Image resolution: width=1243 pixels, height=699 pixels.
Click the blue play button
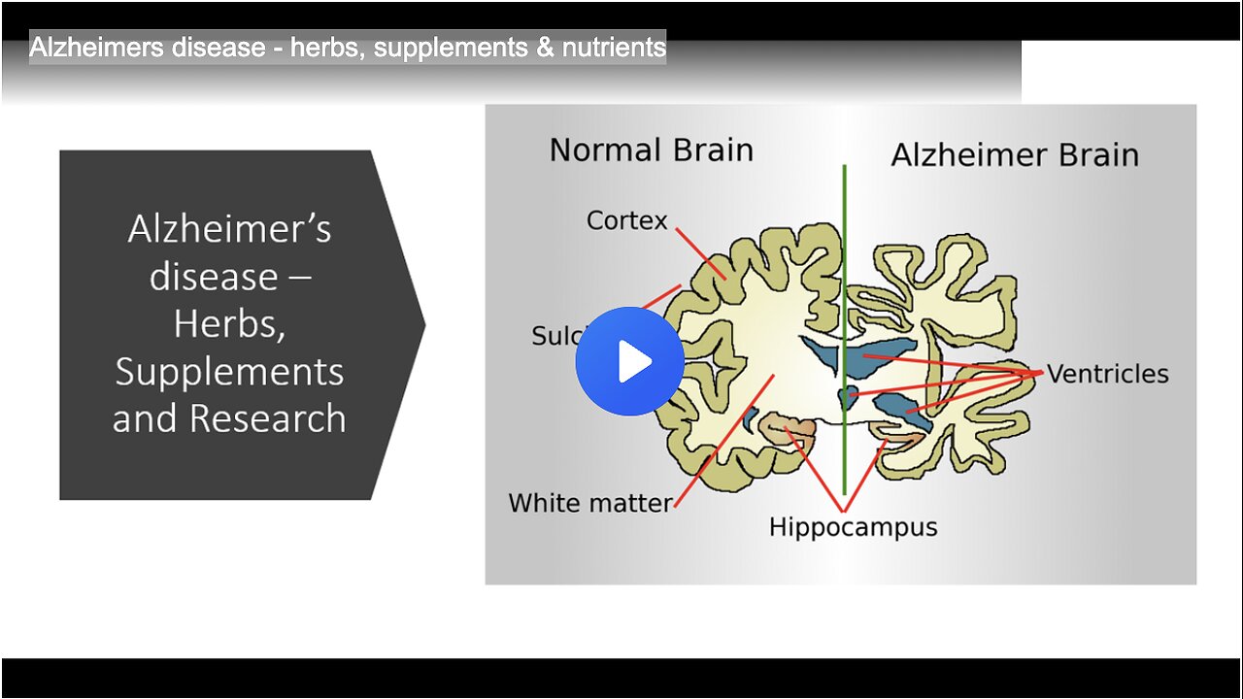tap(629, 361)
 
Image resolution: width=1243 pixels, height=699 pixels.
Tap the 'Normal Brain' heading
tap(651, 150)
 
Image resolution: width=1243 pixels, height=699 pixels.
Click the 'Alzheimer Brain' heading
tap(1015, 154)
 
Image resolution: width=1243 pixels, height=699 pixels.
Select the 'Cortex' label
tap(627, 220)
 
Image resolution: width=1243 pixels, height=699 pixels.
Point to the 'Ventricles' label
tap(1107, 374)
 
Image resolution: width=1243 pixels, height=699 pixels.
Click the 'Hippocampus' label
tap(853, 527)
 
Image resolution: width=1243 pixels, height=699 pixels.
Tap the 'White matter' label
tap(589, 503)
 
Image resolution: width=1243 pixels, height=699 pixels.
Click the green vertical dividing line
tap(844, 243)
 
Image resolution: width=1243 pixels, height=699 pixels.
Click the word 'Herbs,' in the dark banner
tap(229, 323)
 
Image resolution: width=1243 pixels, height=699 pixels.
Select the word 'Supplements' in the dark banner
tap(229, 371)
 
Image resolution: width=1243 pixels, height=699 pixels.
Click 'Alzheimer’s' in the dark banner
tap(229, 229)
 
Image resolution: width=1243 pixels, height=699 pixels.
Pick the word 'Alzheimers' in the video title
tap(85, 47)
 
